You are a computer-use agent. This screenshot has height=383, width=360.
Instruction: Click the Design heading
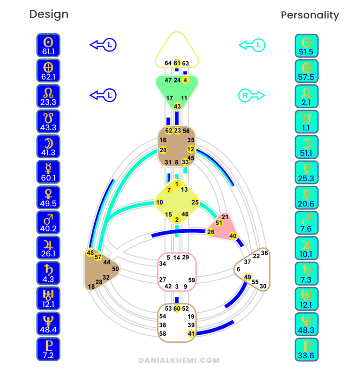49,14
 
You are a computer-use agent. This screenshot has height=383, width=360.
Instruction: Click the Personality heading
310,15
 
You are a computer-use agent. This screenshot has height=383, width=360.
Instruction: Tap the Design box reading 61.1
48,45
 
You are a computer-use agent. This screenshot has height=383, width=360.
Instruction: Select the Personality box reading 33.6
307,350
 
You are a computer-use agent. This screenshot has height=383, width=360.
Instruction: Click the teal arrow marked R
252,95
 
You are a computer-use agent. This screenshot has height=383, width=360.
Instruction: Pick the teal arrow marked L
252,45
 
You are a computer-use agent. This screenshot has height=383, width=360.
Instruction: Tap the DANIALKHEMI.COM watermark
179,360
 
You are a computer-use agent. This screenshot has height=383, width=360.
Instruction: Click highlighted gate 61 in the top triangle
177,63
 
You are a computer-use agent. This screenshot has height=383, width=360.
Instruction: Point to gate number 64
168,63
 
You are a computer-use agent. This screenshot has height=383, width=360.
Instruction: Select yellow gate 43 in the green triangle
177,106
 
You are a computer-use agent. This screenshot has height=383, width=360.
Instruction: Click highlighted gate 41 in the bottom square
191,333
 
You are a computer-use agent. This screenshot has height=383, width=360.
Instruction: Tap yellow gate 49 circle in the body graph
247,277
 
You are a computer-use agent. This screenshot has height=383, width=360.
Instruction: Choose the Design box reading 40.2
48,222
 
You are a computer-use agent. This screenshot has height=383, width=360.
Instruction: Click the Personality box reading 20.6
307,198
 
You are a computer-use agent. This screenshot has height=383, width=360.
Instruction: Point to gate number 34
163,264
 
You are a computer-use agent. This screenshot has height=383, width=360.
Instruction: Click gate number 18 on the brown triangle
91,287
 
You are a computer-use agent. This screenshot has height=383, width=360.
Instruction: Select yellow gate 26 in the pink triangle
210,232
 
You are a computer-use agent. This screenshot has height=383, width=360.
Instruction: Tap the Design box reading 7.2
48,349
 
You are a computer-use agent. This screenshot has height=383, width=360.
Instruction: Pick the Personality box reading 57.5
307,71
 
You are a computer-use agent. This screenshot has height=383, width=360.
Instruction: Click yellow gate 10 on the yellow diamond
159,202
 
